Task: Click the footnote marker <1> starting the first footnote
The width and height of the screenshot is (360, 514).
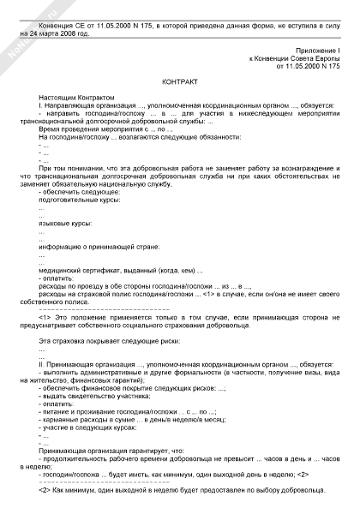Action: point(46,316)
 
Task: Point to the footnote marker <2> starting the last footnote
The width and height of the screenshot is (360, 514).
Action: point(46,490)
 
